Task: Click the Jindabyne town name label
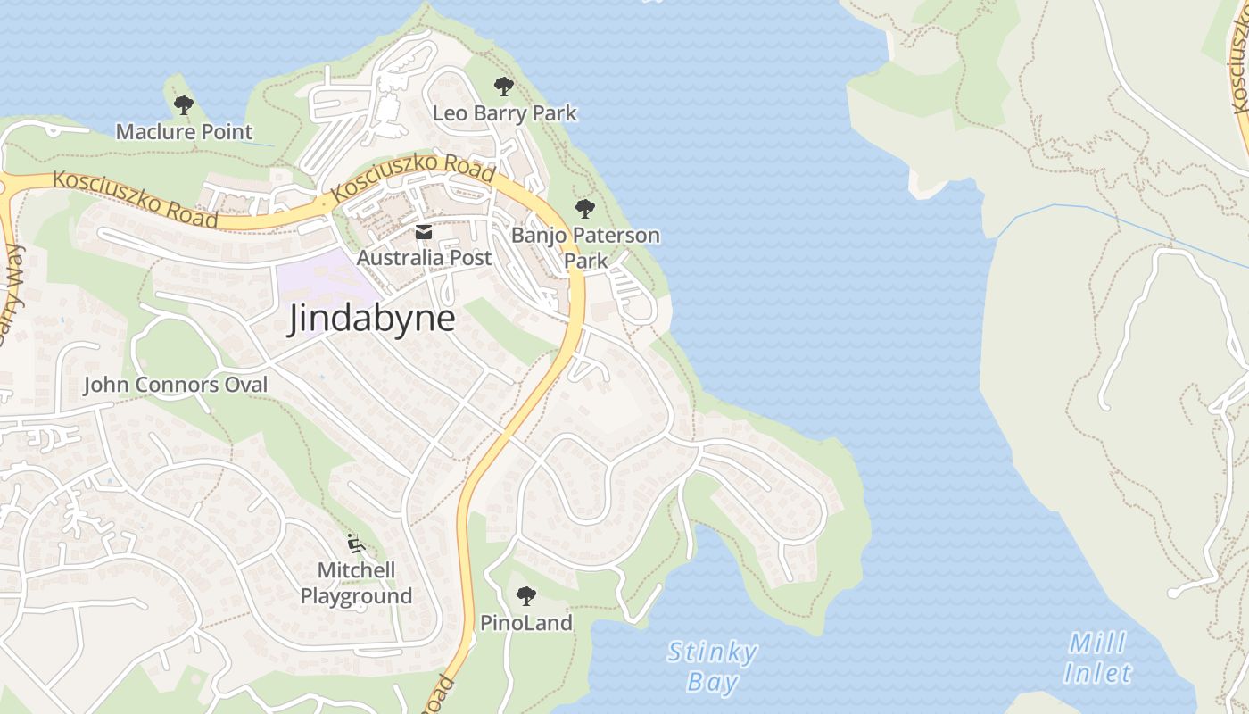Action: click(x=371, y=320)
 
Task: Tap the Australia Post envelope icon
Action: click(x=423, y=234)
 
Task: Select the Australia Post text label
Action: click(x=424, y=258)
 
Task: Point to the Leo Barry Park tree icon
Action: click(x=504, y=87)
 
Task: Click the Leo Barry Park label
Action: click(x=504, y=113)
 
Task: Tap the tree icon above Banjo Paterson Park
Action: click(x=585, y=209)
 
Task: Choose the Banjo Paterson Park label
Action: click(x=585, y=247)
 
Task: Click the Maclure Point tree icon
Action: click(x=184, y=105)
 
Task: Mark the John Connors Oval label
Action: click(x=175, y=385)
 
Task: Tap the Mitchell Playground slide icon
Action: click(x=355, y=543)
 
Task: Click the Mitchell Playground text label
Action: click(x=356, y=583)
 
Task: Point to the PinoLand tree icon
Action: click(x=526, y=595)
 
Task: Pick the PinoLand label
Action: click(x=526, y=623)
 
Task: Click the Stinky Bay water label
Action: click(x=713, y=667)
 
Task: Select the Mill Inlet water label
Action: click(x=1098, y=658)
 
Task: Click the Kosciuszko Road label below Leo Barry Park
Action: click(x=412, y=177)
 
